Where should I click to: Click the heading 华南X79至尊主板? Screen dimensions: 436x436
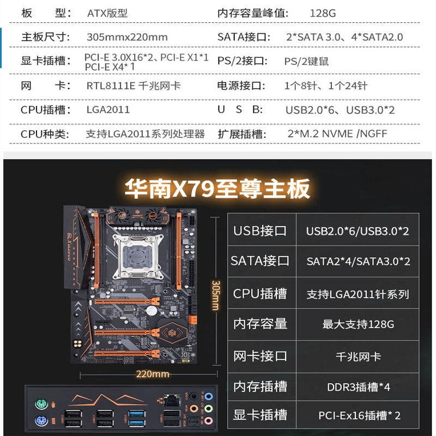click(217, 189)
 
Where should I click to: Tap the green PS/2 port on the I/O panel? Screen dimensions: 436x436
click(41, 403)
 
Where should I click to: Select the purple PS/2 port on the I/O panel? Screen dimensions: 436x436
click(41, 420)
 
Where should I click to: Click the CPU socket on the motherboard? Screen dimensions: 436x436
click(137, 257)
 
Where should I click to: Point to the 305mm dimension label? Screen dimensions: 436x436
click(215, 295)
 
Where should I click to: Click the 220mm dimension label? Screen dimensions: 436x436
click(153, 374)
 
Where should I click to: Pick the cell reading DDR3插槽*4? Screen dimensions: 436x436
click(359, 387)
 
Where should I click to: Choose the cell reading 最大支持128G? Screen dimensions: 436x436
click(358, 324)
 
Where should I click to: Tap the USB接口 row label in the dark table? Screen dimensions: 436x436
click(260, 231)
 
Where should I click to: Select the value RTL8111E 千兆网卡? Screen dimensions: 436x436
click(134, 86)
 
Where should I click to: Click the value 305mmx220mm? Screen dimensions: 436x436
click(127, 37)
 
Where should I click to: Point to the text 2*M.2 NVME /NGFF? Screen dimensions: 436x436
click(337, 134)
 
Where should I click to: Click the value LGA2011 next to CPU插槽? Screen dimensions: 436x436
click(108, 110)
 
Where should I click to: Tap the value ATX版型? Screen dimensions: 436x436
click(107, 13)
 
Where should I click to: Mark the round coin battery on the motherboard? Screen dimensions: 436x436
click(152, 311)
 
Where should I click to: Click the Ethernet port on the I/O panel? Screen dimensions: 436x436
click(172, 401)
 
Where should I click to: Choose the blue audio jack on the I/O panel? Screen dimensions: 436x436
click(209, 396)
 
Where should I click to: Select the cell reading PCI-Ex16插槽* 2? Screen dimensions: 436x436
click(359, 415)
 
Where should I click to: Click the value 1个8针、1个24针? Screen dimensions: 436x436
click(325, 86)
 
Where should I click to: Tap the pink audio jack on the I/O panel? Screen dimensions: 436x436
click(209, 420)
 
